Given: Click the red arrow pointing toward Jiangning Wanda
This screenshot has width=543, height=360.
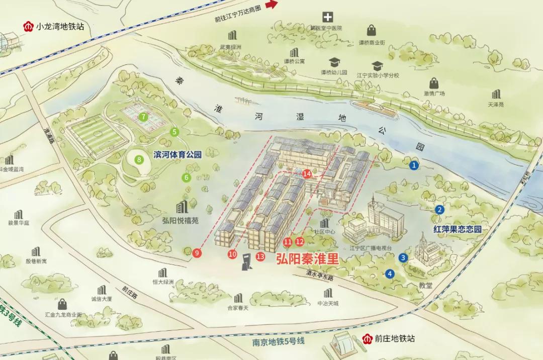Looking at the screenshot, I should (271, 5).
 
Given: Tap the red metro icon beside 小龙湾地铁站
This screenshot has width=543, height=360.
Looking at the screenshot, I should (28, 26).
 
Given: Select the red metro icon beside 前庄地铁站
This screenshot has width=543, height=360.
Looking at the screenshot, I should (367, 338).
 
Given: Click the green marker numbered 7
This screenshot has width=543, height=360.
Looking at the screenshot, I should (144, 117).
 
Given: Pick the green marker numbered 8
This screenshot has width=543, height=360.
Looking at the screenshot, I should (139, 160).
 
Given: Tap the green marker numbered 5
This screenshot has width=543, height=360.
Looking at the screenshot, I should (175, 132).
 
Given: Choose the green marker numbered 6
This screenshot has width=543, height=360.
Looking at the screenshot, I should (186, 177).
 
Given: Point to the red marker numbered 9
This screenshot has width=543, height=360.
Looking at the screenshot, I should (197, 253).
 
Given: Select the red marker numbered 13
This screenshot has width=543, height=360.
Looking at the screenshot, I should (260, 257).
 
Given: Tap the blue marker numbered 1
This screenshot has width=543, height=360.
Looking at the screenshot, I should (414, 164).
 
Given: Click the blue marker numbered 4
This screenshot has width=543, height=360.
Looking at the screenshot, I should (390, 274).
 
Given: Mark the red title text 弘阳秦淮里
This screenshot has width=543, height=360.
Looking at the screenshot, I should (307, 259).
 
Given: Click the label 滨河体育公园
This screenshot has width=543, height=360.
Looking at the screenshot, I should (177, 155).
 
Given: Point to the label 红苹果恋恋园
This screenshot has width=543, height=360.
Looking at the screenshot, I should (458, 229).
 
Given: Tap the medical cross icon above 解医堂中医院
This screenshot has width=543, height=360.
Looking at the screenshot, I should (328, 17).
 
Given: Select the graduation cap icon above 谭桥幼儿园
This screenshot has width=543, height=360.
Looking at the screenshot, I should (334, 62).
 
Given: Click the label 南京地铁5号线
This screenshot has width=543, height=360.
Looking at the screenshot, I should (279, 341).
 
